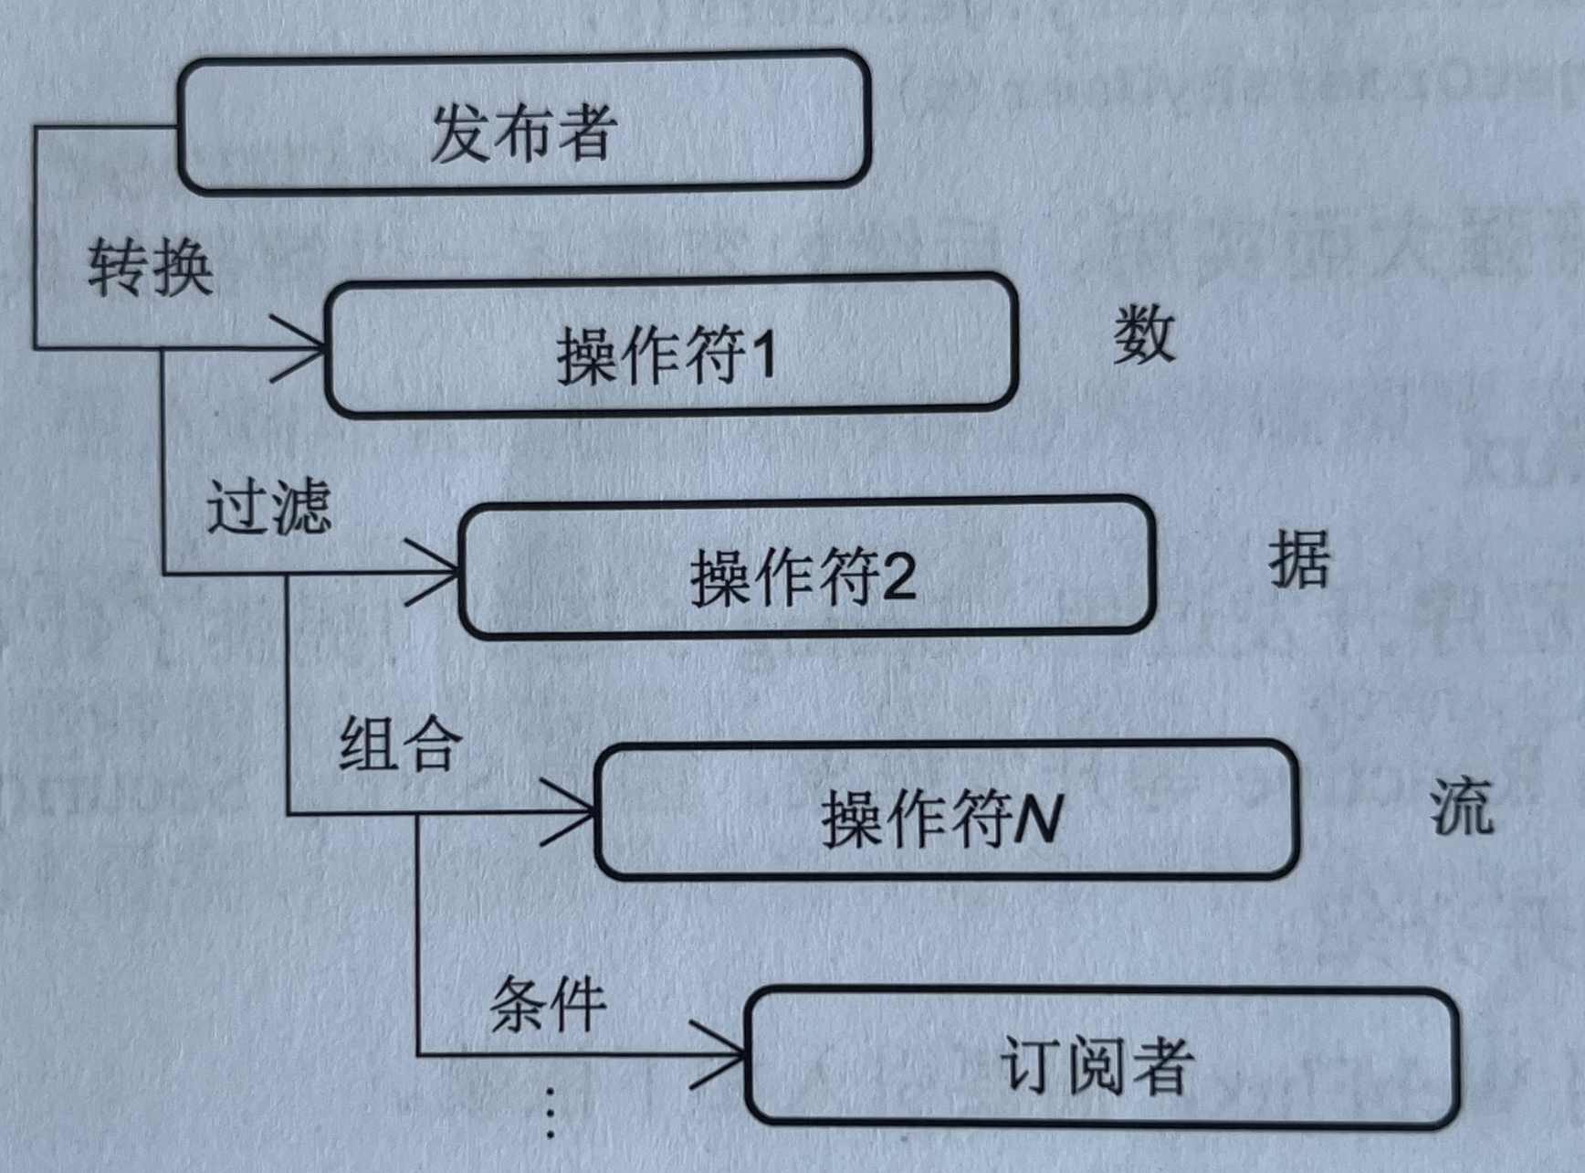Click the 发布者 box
[x=523, y=123]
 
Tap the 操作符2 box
[x=807, y=568]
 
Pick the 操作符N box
[x=946, y=811]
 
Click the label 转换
[x=151, y=268]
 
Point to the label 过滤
[x=268, y=507]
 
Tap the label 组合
[x=401, y=744]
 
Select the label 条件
[x=548, y=1004]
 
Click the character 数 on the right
[x=1143, y=334]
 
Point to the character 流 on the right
[x=1461, y=806]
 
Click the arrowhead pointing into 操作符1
[x=306, y=348]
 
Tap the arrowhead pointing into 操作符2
[x=439, y=573]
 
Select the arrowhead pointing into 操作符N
[x=575, y=812]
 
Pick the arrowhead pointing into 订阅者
[x=726, y=1055]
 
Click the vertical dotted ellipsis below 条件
[x=551, y=1113]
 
